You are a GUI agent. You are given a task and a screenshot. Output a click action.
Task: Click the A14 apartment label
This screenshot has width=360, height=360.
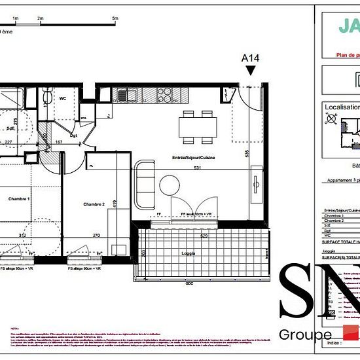click(x=251, y=58)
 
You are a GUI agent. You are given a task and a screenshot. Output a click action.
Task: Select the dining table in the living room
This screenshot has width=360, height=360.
click(x=198, y=126)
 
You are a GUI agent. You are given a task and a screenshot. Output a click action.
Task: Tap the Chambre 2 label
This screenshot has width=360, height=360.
click(x=94, y=204)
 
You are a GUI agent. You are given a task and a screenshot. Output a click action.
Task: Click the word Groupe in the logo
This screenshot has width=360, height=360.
click(x=305, y=335)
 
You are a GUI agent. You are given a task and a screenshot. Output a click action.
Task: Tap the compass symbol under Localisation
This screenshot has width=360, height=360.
click(x=331, y=120)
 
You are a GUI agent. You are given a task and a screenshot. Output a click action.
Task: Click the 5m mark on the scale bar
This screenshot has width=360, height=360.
click(x=115, y=20)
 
